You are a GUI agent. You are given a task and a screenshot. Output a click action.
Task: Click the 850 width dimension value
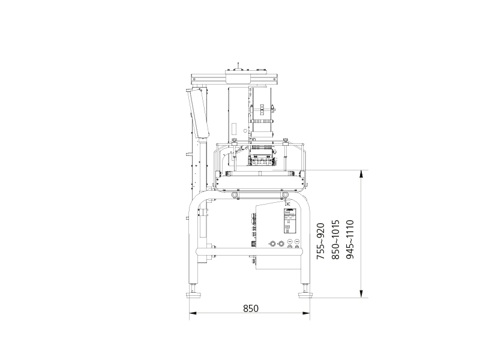tap(251, 308)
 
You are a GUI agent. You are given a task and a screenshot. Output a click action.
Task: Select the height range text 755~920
tap(320, 241)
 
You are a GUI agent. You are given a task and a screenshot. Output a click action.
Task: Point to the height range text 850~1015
tap(335, 239)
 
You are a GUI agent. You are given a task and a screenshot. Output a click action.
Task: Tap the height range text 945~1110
tap(350, 239)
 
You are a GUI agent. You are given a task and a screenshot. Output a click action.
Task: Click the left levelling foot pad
tap(194, 295)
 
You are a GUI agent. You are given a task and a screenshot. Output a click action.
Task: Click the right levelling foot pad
tap(305, 295)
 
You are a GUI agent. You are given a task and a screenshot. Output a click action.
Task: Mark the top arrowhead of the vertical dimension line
tap(361, 174)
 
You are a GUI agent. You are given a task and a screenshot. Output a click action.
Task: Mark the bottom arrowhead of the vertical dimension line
tap(361, 293)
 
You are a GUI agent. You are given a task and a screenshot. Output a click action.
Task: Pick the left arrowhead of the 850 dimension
tap(193, 313)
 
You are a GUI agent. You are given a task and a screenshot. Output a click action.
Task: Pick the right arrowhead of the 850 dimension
tap(306, 313)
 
